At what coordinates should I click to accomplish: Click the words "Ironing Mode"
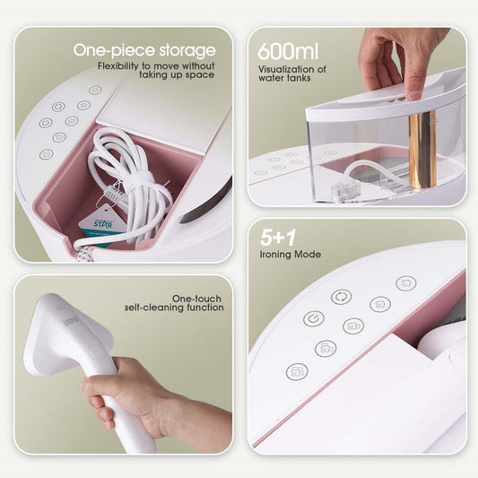click(290, 255)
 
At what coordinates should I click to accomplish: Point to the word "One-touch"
click(197, 298)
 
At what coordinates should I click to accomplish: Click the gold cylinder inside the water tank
click(422, 148)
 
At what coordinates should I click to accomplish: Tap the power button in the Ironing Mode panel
click(313, 318)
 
